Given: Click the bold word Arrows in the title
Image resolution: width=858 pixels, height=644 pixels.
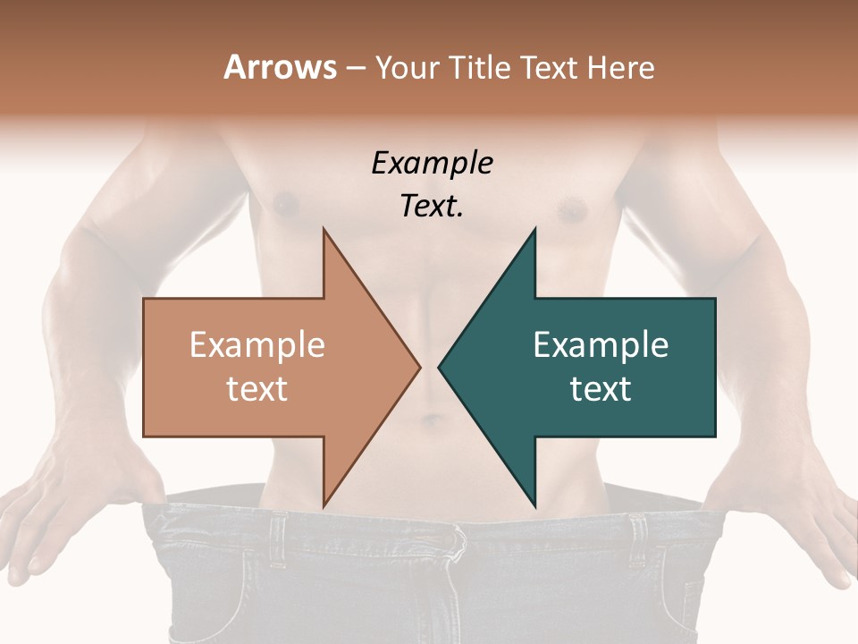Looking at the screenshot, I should pyautogui.click(x=280, y=67).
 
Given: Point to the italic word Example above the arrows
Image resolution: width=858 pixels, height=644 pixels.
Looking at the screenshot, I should pyautogui.click(x=433, y=164).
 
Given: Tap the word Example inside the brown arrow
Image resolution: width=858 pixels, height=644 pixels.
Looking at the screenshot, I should pyautogui.click(x=257, y=345).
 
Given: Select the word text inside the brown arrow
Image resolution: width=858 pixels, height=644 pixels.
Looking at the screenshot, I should pyautogui.click(x=257, y=389).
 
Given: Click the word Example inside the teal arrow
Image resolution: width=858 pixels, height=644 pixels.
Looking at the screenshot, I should pyautogui.click(x=601, y=345).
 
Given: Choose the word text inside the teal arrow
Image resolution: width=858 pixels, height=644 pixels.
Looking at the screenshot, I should pyautogui.click(x=601, y=389).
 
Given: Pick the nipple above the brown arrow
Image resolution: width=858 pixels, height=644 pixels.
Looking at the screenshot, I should pyautogui.click(x=286, y=206).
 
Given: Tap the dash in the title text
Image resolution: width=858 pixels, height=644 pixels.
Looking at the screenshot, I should pyautogui.click(x=355, y=69).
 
